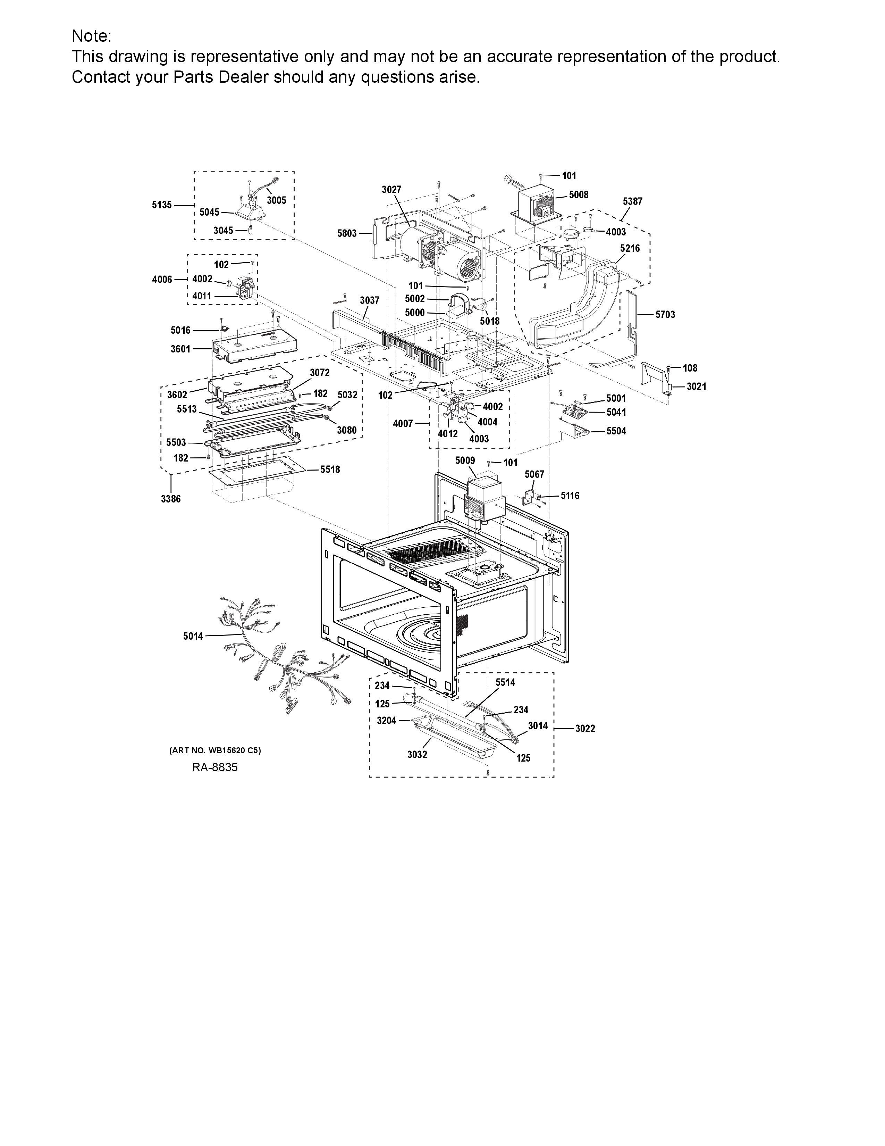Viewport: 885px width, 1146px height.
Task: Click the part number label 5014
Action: pos(193,637)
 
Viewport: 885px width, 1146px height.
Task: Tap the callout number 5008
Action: pos(579,195)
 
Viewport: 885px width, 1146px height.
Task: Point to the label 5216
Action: pos(630,248)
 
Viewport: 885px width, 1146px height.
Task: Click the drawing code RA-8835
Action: pos(215,767)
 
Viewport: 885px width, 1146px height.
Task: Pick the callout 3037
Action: pos(370,300)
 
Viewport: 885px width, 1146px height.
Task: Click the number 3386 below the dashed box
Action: pos(171,499)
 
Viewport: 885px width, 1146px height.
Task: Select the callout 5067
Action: pos(534,474)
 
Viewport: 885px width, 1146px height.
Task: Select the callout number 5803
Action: pos(347,233)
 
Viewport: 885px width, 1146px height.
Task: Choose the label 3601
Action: pos(180,349)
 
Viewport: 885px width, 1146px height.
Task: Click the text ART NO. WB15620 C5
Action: pos(215,750)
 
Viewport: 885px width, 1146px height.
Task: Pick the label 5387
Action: pos(632,201)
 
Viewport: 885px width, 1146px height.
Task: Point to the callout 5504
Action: pos(616,431)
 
